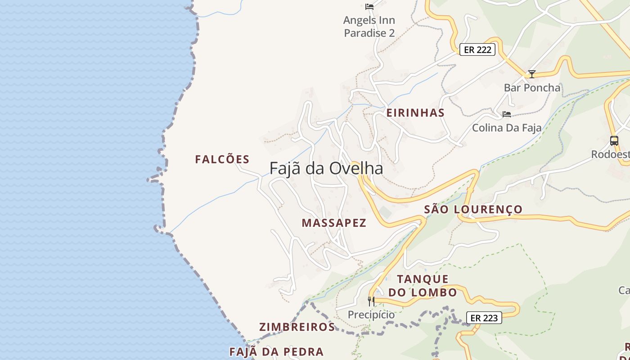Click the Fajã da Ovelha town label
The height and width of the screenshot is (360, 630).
[x=326, y=168]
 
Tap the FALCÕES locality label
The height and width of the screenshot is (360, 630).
[x=222, y=159]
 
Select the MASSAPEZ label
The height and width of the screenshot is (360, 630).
[x=334, y=223]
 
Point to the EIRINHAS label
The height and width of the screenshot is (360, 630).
[x=415, y=113]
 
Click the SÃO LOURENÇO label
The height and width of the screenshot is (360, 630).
[x=473, y=209]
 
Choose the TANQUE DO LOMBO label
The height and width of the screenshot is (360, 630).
[x=423, y=286]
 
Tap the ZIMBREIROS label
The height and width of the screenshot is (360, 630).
[x=297, y=327]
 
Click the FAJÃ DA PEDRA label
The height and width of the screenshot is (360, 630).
[x=276, y=352]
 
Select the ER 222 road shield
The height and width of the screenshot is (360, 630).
[x=477, y=49]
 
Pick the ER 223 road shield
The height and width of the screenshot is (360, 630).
[x=484, y=318]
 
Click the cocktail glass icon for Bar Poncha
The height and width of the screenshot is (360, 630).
[x=532, y=74]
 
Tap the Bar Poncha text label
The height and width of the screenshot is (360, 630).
[x=532, y=88]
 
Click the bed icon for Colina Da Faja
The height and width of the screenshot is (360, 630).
[x=507, y=114]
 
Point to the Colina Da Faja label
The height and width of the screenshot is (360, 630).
[x=507, y=128]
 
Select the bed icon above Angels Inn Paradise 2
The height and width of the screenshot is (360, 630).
[x=369, y=7]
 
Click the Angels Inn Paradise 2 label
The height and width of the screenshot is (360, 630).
[x=369, y=27]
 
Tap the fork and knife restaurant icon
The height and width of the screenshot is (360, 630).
[x=371, y=301]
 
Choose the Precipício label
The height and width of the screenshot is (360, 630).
[x=371, y=315]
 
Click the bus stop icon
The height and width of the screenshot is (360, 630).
[x=614, y=140]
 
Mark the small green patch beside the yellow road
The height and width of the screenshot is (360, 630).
[x=385, y=212]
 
